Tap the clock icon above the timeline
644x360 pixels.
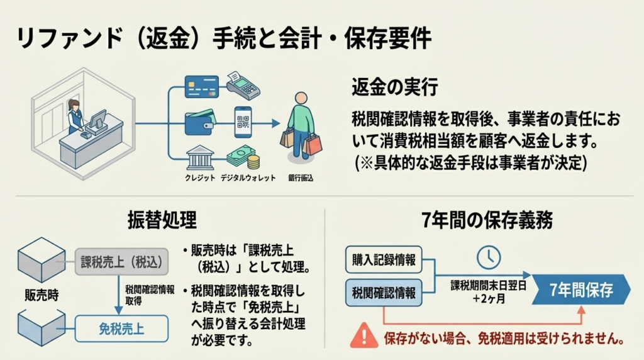click(x=489, y=256)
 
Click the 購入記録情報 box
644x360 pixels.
click(x=384, y=259)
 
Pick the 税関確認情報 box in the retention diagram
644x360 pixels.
click(x=384, y=293)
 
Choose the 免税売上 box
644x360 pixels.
click(x=121, y=327)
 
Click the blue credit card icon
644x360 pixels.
click(x=201, y=86)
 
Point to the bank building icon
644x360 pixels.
click(x=199, y=156)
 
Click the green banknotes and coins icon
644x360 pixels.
click(x=243, y=157)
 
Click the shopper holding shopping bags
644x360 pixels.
click(x=301, y=124)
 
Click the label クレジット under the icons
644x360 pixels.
click(x=199, y=178)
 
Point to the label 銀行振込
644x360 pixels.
click(x=301, y=178)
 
